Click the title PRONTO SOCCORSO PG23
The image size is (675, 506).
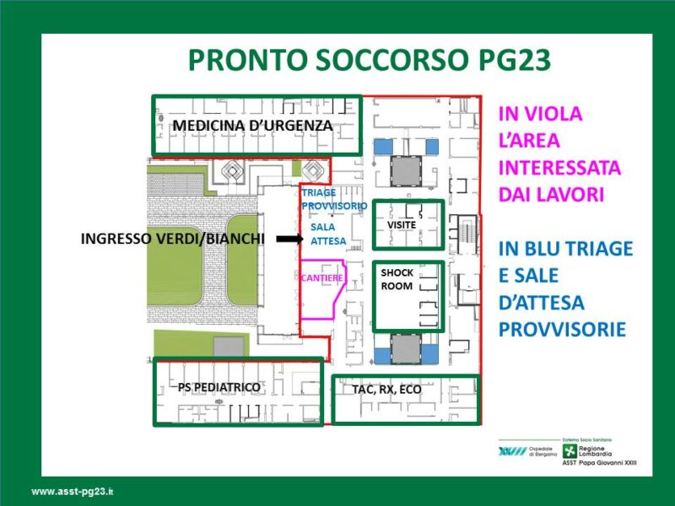(x=370, y=60)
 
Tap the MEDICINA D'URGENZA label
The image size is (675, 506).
(x=252, y=126)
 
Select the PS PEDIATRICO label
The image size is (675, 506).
(x=219, y=387)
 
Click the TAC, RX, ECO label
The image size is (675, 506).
(x=386, y=390)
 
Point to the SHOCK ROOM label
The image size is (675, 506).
(x=397, y=279)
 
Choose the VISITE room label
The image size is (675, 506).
(x=402, y=225)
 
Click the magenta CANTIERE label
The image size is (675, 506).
(x=322, y=278)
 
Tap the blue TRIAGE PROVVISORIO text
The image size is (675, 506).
(x=334, y=199)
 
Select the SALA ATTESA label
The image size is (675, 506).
(x=328, y=234)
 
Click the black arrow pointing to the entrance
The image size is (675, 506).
(x=289, y=239)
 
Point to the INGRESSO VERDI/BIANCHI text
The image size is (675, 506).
(x=173, y=239)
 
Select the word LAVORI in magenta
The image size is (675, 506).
(x=567, y=195)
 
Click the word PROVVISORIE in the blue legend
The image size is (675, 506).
(x=562, y=330)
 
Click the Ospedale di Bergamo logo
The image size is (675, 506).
(x=528, y=451)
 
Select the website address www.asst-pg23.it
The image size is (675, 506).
(x=73, y=492)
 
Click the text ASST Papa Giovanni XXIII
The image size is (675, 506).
(x=599, y=463)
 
